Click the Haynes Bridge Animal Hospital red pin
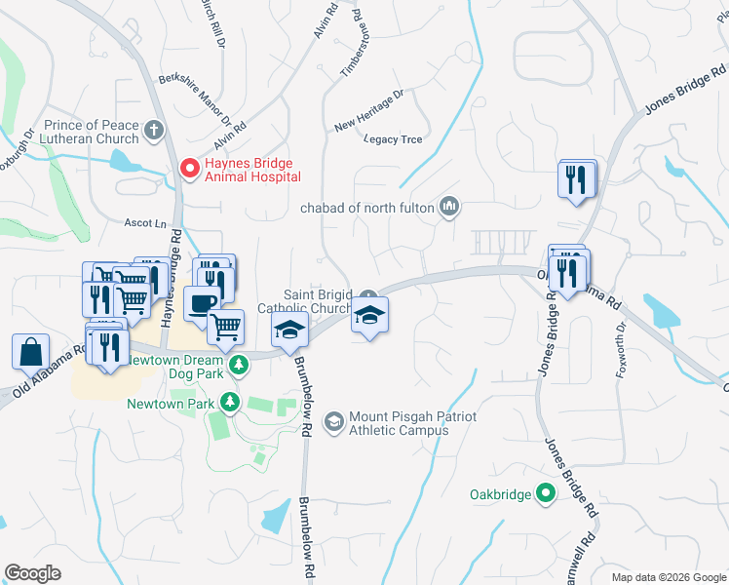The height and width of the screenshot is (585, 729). (x=189, y=169)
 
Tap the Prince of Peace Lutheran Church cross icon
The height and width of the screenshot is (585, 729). (x=154, y=130)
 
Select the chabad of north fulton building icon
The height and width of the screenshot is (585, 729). (x=449, y=206)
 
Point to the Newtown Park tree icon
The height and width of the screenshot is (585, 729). (x=229, y=402)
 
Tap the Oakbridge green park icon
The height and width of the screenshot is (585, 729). (x=546, y=494)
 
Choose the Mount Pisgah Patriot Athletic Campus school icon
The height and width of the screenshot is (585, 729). (x=334, y=421)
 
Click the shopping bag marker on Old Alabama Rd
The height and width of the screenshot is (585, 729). (x=30, y=351)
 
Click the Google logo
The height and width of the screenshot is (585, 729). (x=33, y=572)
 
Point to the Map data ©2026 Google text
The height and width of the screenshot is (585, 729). (x=668, y=577)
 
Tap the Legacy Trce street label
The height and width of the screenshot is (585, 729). (x=393, y=139)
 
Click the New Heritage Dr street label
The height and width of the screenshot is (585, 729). (x=368, y=111)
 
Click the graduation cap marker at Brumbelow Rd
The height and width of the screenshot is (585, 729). (x=289, y=331)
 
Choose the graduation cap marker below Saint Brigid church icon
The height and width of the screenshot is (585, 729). (x=369, y=315)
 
